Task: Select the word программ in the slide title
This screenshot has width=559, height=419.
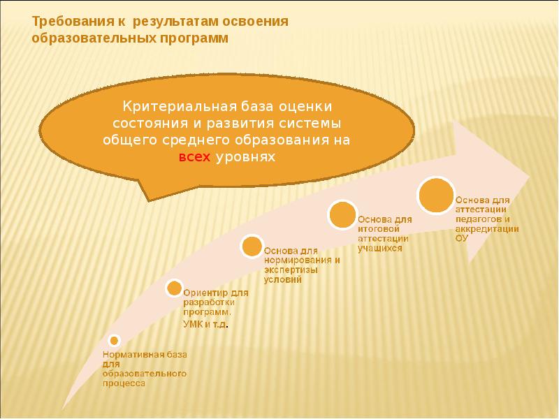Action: click(191, 39)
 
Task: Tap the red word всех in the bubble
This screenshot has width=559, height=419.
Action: click(194, 158)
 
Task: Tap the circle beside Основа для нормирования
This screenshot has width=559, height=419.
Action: click(252, 247)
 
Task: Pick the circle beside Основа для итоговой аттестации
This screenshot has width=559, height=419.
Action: click(342, 215)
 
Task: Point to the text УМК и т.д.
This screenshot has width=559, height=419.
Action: click(206, 326)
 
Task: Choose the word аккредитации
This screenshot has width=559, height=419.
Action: click(487, 228)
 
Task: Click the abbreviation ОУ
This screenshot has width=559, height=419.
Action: click(461, 238)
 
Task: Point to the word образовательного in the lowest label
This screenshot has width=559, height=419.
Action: click(145, 374)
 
